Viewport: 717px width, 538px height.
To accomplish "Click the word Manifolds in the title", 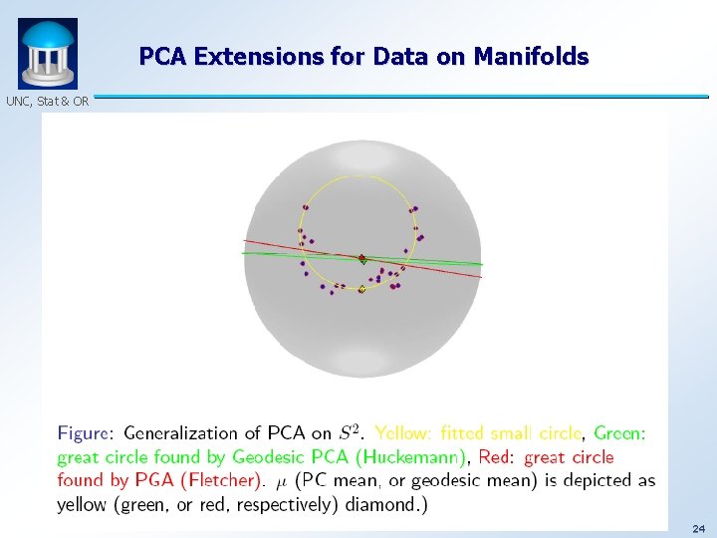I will tap(532, 57).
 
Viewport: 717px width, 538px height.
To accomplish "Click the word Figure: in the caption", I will tap(86, 433).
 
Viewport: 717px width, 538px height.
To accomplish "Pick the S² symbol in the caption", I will tap(351, 432).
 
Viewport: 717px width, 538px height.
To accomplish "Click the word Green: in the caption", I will tap(619, 433).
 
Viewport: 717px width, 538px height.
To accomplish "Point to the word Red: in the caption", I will tap(497, 457).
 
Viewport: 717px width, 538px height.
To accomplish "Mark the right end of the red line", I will tap(481, 277).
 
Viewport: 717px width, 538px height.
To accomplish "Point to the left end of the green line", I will tap(243, 253).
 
